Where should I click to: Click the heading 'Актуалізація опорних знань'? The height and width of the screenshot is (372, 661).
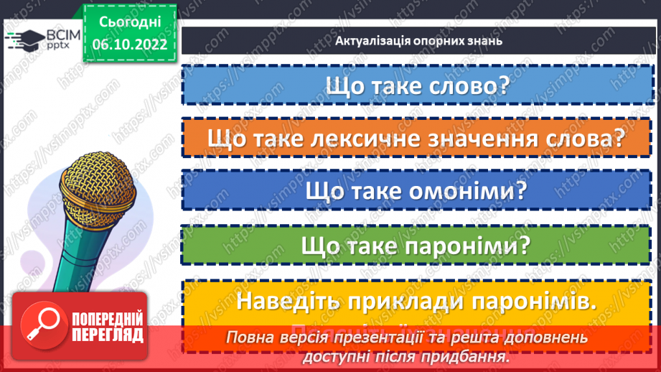418,41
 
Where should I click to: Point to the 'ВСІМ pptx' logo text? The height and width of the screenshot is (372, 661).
55,39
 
